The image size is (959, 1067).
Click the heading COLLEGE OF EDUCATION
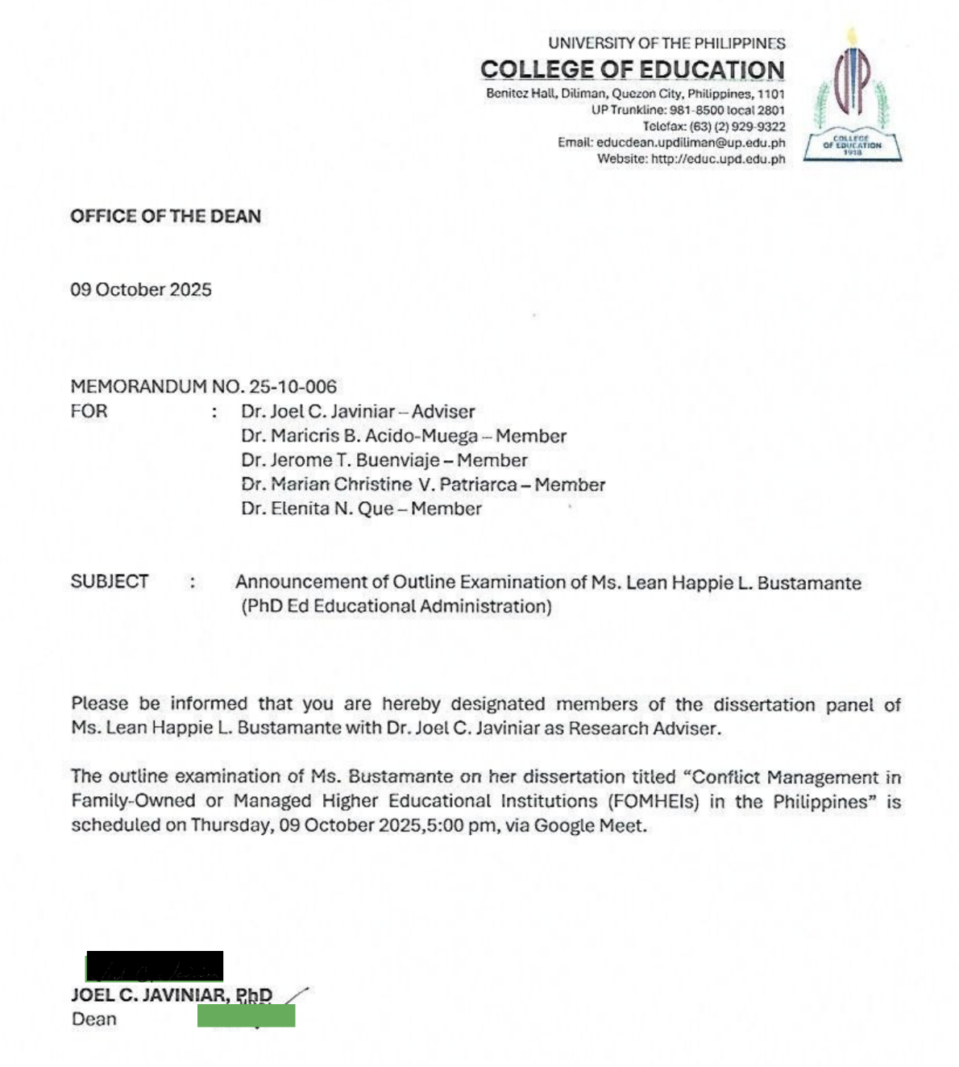point(633,70)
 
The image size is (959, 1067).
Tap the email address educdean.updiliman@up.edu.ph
point(691,143)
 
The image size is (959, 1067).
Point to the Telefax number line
point(713,127)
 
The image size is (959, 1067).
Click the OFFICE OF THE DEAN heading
point(165,216)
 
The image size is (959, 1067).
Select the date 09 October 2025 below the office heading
point(141,289)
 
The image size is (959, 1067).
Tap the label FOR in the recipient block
point(89,411)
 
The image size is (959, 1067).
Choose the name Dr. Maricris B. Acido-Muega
point(359,436)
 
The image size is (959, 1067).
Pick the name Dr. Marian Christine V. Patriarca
point(379,484)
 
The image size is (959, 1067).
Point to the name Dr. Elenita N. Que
point(318,509)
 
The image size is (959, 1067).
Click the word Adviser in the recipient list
point(443,411)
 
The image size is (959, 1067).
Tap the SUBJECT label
point(110,581)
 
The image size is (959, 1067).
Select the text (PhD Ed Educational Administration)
point(396,606)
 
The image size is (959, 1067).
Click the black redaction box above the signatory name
point(155,965)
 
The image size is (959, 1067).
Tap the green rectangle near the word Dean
point(246,1015)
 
